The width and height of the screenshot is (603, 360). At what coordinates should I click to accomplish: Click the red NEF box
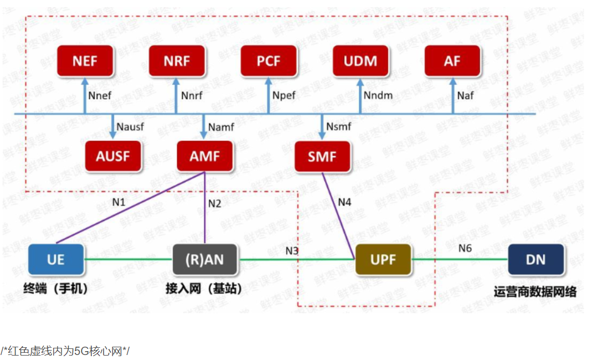[85, 61]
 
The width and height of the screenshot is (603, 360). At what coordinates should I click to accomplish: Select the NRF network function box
[177, 61]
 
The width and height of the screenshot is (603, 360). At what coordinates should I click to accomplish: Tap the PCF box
[269, 61]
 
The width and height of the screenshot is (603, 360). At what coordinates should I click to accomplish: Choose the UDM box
[360, 61]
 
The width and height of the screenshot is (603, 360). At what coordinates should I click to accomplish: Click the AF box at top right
[452, 61]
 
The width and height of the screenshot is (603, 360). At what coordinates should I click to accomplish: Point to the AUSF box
[112, 156]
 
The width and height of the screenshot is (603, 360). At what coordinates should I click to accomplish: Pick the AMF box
[205, 156]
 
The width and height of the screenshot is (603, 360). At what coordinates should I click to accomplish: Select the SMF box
[322, 156]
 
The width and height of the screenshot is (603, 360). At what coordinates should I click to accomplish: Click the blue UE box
[56, 259]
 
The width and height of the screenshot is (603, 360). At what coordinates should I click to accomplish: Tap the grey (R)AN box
[205, 259]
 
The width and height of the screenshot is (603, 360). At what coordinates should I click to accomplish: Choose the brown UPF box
[383, 259]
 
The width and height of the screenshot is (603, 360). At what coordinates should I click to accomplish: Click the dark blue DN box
[535, 259]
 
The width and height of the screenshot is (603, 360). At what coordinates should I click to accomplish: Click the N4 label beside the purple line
[344, 202]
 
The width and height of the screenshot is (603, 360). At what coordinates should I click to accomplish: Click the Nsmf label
[338, 127]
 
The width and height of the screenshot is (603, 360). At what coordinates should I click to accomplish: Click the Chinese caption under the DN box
[535, 291]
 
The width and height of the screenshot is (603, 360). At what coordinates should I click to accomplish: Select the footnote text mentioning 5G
[65, 351]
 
